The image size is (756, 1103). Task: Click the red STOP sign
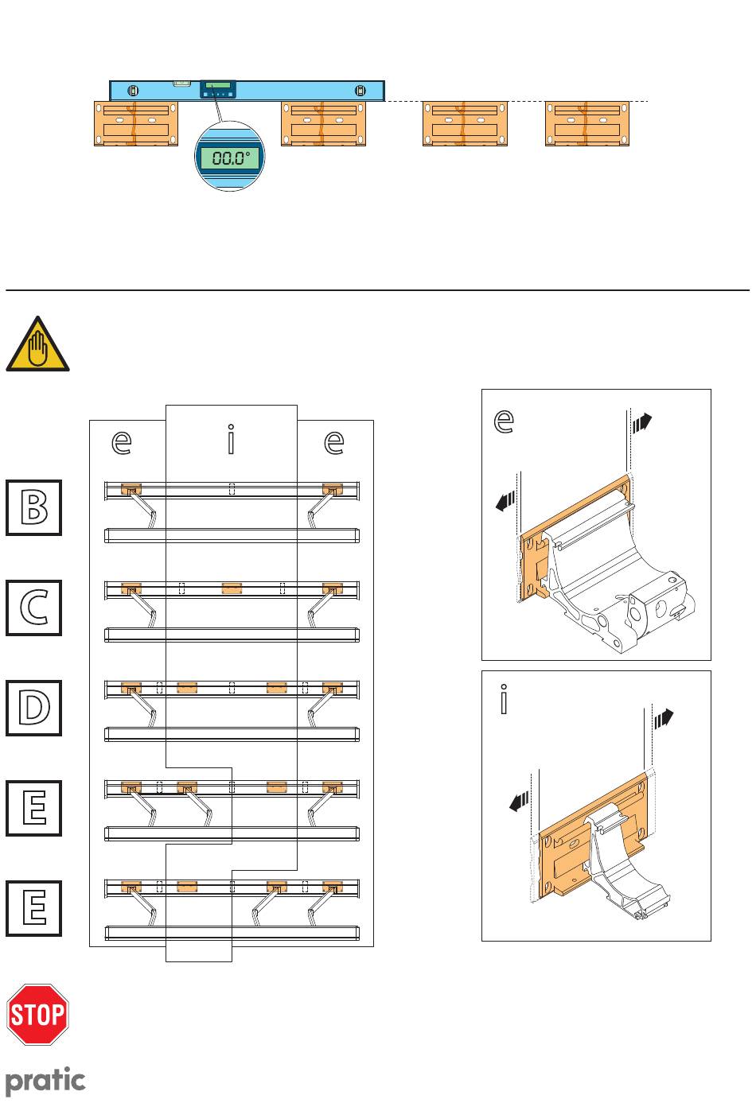tap(38, 1014)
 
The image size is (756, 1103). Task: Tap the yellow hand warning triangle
tap(37, 344)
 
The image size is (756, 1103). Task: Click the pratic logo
tap(45, 1081)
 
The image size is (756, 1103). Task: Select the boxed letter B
tap(34, 507)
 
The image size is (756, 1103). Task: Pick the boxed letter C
tap(34, 608)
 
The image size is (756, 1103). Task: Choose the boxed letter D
tap(34, 707)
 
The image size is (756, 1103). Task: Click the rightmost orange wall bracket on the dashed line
tap(586, 123)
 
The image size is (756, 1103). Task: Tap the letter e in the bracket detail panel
tap(503, 420)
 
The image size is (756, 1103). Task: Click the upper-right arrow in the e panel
tap(641, 421)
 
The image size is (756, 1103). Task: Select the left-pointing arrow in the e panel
tap(505, 501)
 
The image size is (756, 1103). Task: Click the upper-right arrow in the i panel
tap(664, 719)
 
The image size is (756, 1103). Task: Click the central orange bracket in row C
tap(232, 588)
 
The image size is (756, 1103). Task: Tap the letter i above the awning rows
tap(231, 440)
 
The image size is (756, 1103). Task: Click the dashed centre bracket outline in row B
tap(232, 489)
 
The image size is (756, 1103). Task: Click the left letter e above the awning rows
tap(122, 442)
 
